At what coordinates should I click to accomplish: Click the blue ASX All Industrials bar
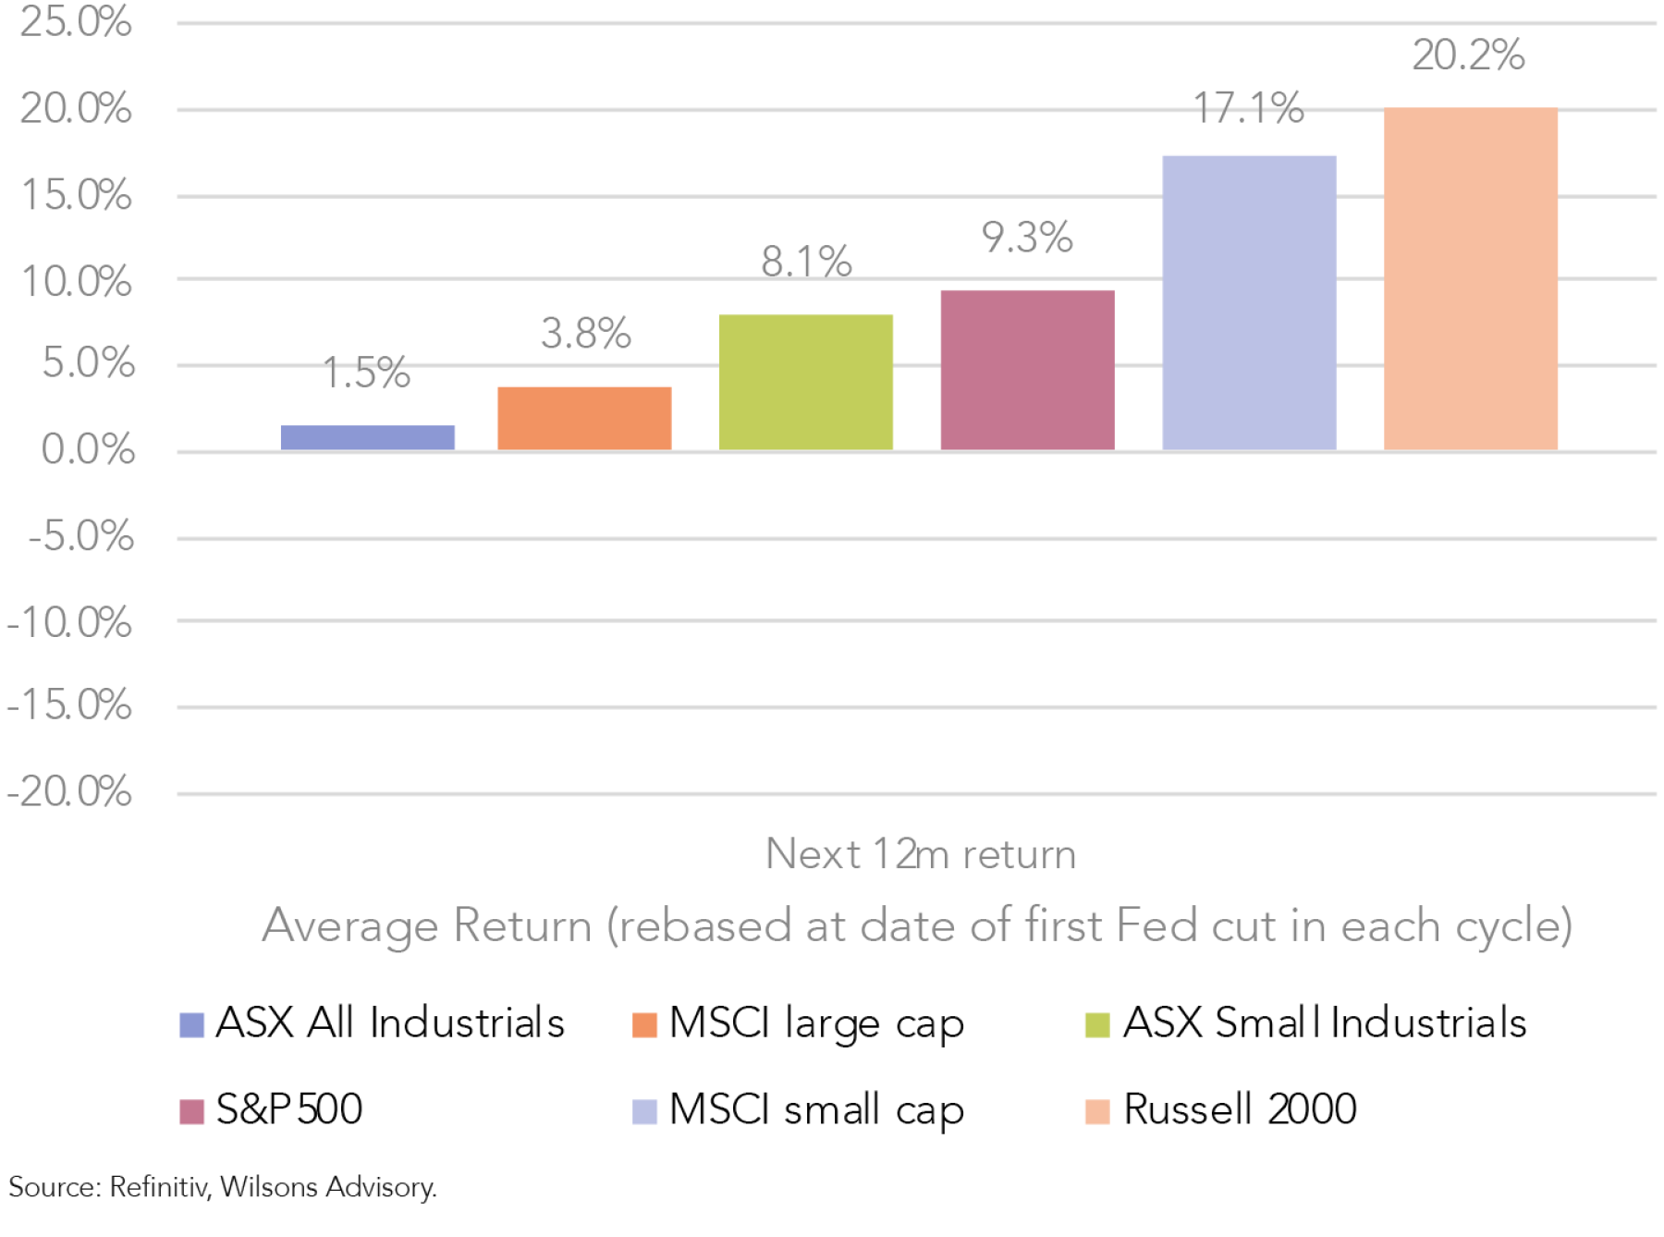(x=367, y=437)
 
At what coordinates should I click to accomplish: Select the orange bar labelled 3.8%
(x=584, y=418)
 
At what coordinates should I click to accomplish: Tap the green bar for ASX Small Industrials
(x=805, y=382)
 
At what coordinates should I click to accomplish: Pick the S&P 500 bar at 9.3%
(x=1027, y=370)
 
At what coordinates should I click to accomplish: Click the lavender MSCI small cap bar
(x=1249, y=302)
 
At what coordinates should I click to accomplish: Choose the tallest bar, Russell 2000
(x=1470, y=278)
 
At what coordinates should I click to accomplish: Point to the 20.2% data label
(x=1468, y=55)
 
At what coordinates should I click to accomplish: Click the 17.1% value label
(x=1248, y=108)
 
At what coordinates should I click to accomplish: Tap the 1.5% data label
(x=366, y=373)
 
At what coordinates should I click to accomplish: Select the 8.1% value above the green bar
(x=806, y=262)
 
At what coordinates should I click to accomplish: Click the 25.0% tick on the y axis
(x=76, y=22)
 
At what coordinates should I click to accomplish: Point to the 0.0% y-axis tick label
(x=88, y=450)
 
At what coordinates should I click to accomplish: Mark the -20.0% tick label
(x=69, y=792)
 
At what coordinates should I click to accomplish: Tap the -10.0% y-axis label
(x=69, y=623)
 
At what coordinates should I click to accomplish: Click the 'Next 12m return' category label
(x=921, y=854)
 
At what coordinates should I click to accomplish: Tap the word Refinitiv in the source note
(x=158, y=1187)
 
